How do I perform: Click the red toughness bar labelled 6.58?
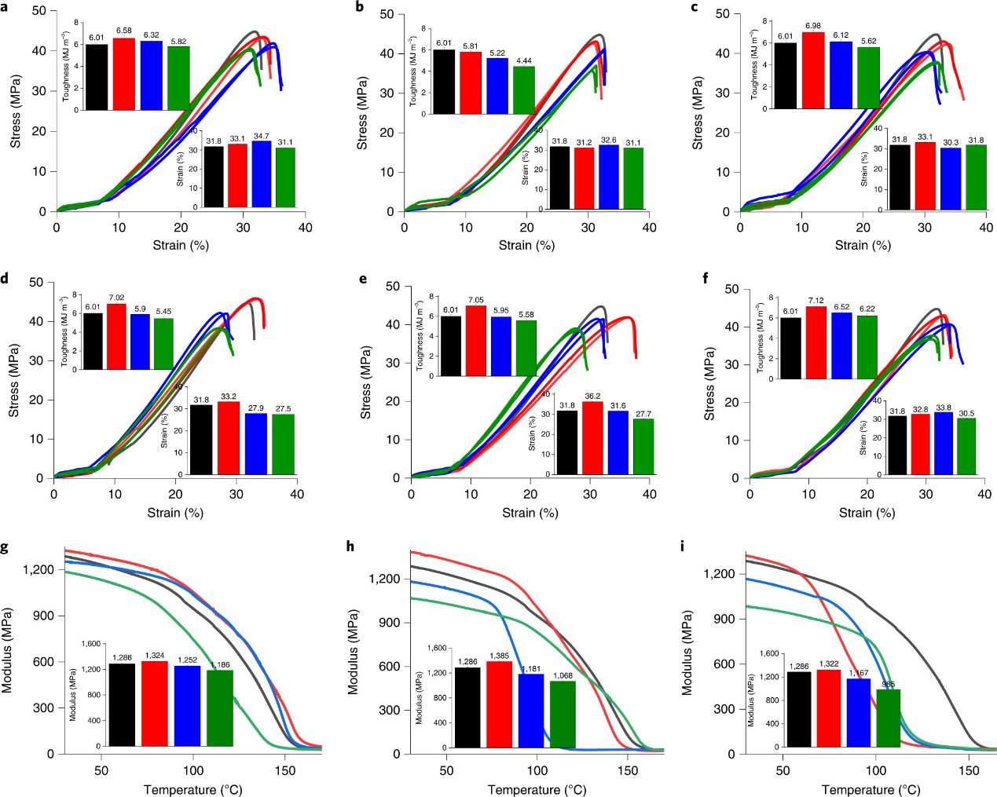tap(123, 74)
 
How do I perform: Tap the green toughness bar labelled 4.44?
tap(523, 90)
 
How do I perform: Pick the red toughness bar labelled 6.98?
tap(813, 71)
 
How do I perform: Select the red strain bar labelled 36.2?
tap(592, 438)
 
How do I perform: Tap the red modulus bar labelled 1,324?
tap(155, 704)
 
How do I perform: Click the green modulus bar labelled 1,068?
tap(563, 714)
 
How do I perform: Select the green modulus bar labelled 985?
tap(889, 718)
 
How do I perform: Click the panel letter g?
tap(5, 547)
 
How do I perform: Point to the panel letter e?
tap(362, 279)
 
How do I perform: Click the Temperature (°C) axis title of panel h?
tap(537, 789)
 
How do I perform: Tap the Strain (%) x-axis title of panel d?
tap(175, 513)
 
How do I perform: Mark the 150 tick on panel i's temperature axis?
tap(969, 770)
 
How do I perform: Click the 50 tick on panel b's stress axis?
tap(385, 14)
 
